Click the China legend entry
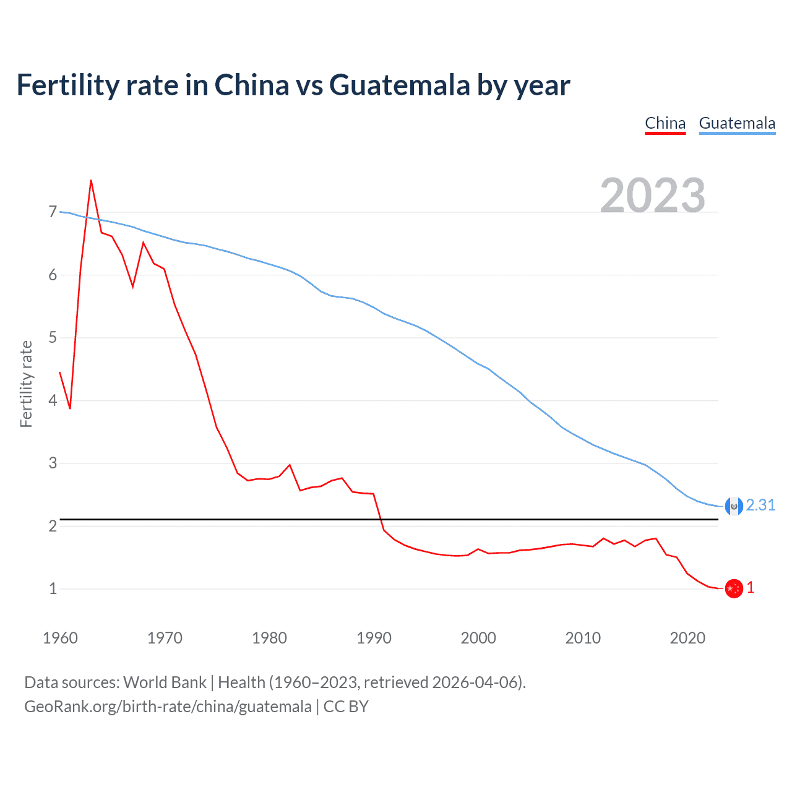(665, 123)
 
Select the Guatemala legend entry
(737, 123)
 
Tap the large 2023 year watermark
(653, 195)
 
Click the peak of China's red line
(91, 181)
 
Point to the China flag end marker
(734, 588)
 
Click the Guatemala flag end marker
(734, 506)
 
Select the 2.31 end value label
(760, 506)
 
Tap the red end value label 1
(751, 588)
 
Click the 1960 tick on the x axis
(60, 638)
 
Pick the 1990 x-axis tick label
(374, 638)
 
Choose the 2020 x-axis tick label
(687, 638)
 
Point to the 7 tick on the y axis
(53, 212)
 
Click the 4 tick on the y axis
(53, 400)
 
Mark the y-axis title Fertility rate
(26, 384)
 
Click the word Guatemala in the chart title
(399, 85)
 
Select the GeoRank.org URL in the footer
(168, 707)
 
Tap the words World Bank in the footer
(165, 682)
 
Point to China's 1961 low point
(70, 408)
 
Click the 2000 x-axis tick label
(478, 638)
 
